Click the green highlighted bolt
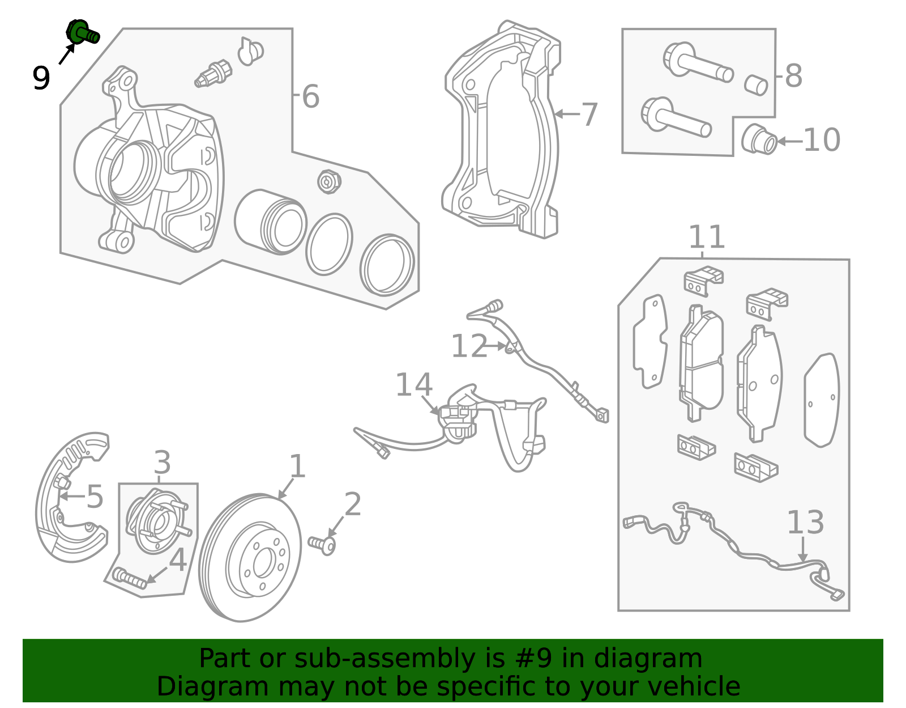coord(82,32)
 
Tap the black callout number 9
coord(41,78)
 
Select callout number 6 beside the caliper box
coord(310,96)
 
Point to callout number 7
coord(589,115)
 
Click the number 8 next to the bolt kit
coord(793,76)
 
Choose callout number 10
coord(822,140)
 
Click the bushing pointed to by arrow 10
coord(759,139)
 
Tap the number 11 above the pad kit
coord(707,236)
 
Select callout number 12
coord(469,346)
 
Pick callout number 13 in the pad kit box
coord(805,522)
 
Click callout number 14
coord(413,384)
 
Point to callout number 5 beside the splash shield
coord(95,497)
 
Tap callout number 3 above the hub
coord(162,462)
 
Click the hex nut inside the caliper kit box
coord(329,181)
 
